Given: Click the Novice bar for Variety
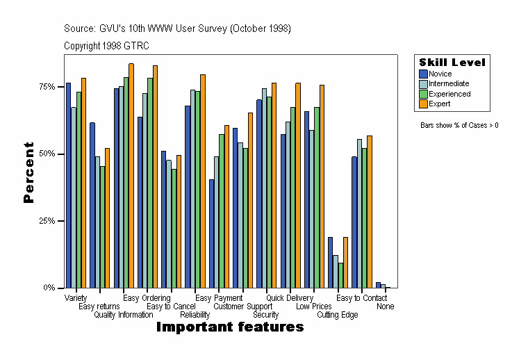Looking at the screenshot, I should click(68, 185).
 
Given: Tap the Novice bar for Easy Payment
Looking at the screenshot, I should click(211, 234).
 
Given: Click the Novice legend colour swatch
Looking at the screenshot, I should click(423, 74).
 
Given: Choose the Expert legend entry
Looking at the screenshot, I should click(439, 104).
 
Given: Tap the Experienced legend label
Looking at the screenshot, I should click(449, 94).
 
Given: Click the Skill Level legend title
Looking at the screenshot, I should click(452, 63).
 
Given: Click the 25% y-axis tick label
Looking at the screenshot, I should click(46, 221).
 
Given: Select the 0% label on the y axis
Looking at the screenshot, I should click(49, 288).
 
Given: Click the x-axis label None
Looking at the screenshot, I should click(386, 306).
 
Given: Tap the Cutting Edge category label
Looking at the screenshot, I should click(338, 315).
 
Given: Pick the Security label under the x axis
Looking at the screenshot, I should click(265, 315).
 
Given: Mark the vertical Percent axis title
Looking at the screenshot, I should click(28, 172).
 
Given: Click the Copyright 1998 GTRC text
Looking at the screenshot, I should click(106, 46).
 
